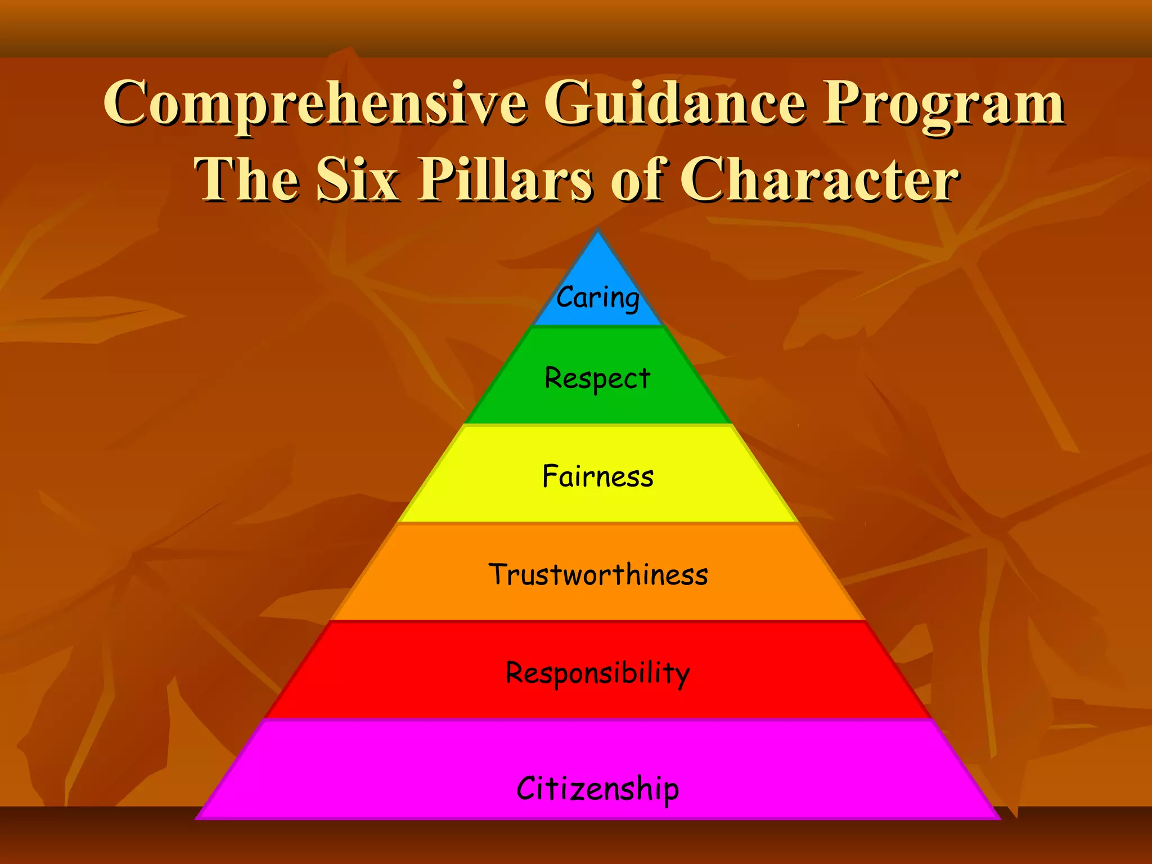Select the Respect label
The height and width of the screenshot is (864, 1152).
(597, 378)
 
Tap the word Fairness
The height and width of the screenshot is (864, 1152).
(597, 476)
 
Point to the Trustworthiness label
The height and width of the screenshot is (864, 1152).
(598, 574)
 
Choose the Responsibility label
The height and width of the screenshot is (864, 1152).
(597, 673)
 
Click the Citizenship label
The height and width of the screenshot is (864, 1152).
(597, 788)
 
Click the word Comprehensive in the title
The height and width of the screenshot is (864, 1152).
(316, 105)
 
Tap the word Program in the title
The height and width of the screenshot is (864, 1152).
(944, 105)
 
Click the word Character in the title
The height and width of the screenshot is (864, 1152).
(820, 179)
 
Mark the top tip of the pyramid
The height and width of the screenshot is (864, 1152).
(598, 231)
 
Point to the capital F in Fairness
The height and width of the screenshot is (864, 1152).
(550, 476)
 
